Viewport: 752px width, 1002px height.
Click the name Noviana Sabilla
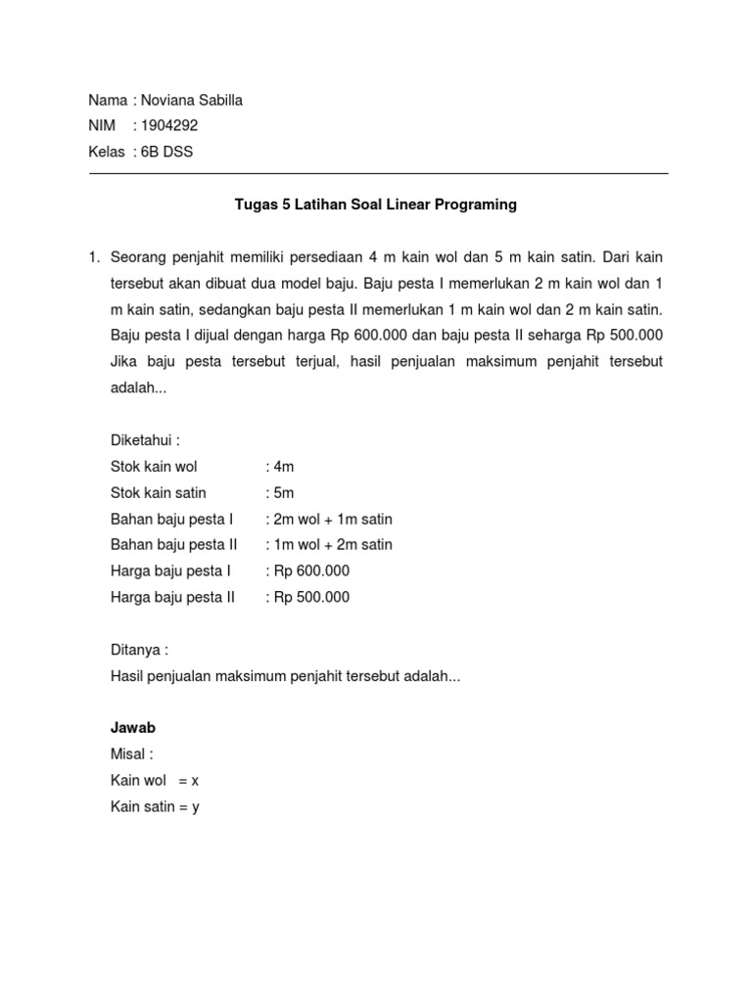click(x=192, y=100)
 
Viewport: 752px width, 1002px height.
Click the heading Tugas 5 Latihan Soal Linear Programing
click(x=376, y=205)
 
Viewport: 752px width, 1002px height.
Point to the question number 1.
click(x=94, y=257)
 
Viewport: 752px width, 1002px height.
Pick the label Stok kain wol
click(x=154, y=467)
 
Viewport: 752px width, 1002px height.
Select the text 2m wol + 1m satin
click(x=331, y=519)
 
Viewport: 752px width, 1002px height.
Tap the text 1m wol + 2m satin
click(x=331, y=544)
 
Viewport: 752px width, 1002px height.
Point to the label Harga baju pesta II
click(x=173, y=597)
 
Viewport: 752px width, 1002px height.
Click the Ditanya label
click(x=140, y=650)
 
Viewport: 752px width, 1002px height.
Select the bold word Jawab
click(x=134, y=728)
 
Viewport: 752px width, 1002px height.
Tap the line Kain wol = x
click(x=155, y=781)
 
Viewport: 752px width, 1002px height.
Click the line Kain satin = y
click(x=156, y=807)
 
